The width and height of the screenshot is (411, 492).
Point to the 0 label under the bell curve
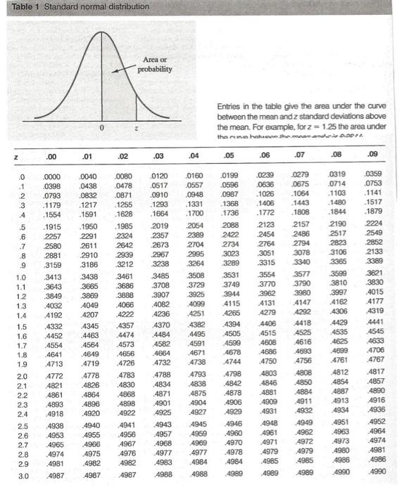click(102, 128)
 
